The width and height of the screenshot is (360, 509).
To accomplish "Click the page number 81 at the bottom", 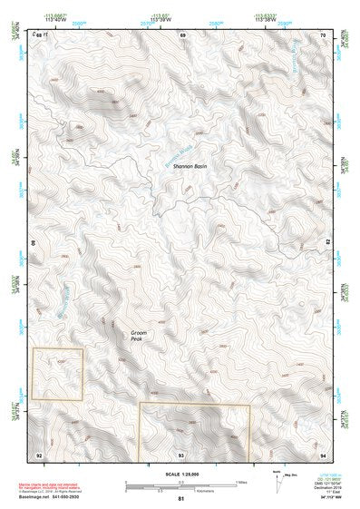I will click(x=180, y=499).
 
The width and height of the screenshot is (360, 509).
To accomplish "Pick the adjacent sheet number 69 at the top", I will click(x=182, y=34).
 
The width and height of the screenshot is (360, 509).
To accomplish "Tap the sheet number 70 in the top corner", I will click(x=322, y=34).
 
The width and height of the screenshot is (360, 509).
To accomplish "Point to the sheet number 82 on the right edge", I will click(x=327, y=242).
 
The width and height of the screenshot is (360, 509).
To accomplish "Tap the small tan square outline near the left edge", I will click(x=57, y=373).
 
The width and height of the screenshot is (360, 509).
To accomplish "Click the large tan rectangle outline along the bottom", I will click(x=194, y=430).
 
